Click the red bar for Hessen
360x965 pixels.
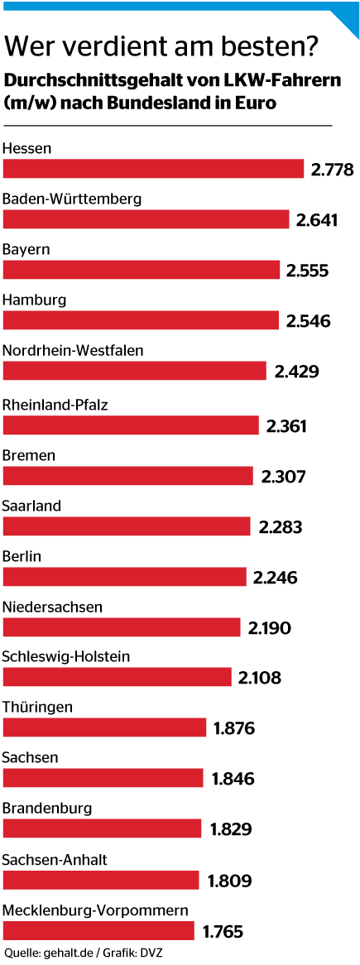click(154, 169)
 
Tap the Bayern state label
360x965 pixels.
click(27, 249)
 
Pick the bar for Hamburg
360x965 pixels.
click(142, 320)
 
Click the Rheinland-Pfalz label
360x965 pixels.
click(55, 406)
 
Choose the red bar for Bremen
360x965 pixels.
click(128, 476)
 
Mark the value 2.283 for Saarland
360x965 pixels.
click(281, 526)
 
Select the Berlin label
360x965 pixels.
click(22, 556)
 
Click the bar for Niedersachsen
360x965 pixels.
click(122, 627)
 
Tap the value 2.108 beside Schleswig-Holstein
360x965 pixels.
click(260, 678)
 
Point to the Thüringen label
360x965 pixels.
click(38, 708)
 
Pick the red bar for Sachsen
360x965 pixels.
click(103, 778)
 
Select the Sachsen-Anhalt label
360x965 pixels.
click(55, 860)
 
